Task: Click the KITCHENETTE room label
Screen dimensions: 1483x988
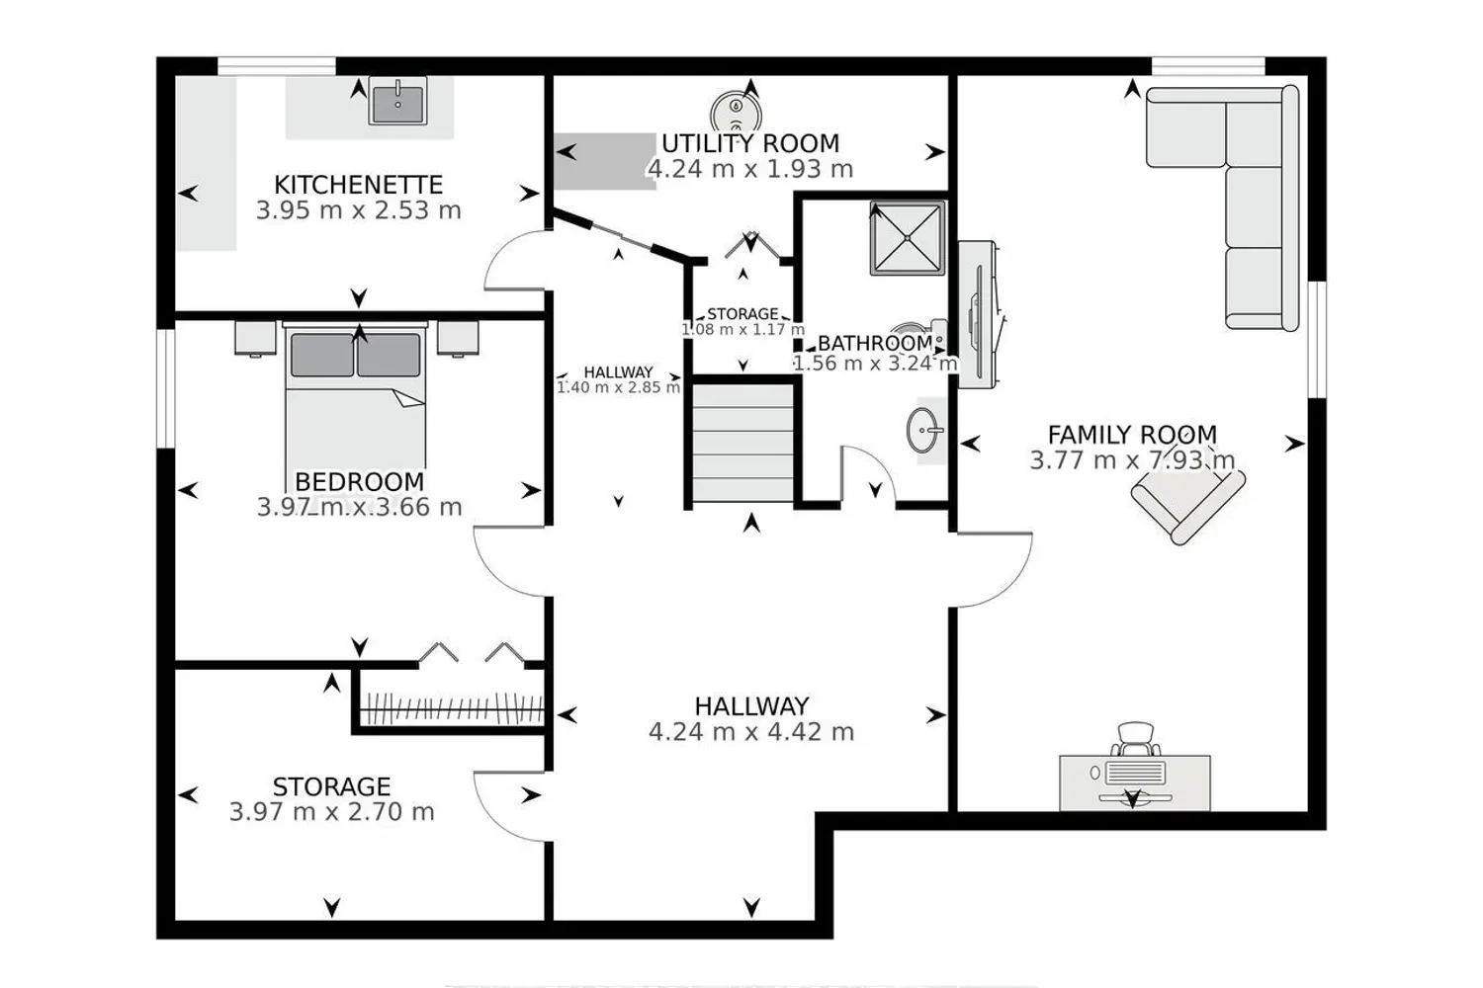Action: [358, 184]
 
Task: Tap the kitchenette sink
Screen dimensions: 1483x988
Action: [397, 101]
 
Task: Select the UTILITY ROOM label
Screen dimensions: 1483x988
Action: [750, 143]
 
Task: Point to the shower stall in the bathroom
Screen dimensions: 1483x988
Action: [908, 238]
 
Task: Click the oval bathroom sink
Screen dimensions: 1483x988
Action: [923, 430]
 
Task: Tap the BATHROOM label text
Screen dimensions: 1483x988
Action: [875, 343]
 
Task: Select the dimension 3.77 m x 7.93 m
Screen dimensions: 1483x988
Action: [1132, 460]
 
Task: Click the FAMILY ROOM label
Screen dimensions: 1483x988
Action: [1132, 435]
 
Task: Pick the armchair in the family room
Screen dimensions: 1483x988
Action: [1187, 506]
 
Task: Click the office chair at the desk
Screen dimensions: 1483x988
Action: [1135, 739]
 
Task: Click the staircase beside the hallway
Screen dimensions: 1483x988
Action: [742, 443]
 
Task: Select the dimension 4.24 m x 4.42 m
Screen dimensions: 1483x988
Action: [751, 732]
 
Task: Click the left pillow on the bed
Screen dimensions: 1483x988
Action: [321, 356]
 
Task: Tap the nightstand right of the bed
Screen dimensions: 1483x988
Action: [458, 338]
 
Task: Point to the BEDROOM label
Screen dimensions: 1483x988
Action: [359, 481]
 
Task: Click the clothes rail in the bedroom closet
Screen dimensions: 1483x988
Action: [453, 708]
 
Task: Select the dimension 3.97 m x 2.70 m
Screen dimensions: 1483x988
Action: [331, 812]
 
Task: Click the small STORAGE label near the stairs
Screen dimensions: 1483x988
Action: [742, 313]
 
